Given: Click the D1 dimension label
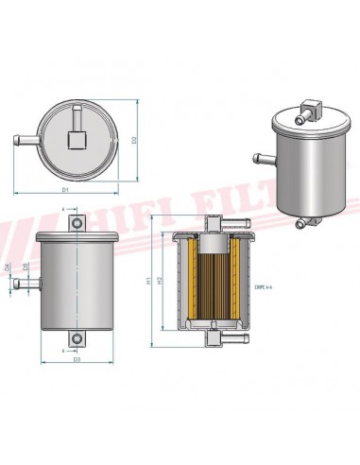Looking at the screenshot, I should tap(66, 192).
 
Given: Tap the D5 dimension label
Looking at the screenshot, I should tap(26, 268).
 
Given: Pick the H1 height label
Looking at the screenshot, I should tap(149, 280).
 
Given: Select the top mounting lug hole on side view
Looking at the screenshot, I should tap(77, 222).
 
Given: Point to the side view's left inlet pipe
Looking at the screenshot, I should tap(28, 283).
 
